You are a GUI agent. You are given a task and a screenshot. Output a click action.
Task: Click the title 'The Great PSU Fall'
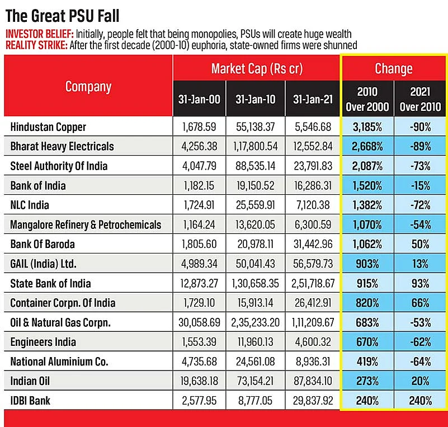pos(62,16)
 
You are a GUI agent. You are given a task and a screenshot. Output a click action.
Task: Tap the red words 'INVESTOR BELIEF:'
pos(40,34)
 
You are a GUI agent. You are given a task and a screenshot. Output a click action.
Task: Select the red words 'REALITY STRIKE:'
pos(36,45)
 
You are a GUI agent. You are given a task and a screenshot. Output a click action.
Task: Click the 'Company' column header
pos(88,87)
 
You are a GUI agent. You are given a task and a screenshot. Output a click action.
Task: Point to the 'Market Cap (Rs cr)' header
pos(257,69)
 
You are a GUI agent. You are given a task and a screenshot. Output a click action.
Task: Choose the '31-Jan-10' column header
pos(256,99)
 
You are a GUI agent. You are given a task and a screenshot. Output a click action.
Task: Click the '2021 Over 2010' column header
pos(420,99)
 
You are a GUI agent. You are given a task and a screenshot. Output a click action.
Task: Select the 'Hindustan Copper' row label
pos(48,127)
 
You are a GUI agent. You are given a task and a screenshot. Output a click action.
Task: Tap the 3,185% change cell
pos(367,127)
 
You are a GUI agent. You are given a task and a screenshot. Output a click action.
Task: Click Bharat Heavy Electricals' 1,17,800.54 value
pos(256,146)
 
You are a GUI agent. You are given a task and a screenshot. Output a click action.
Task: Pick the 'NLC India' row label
pos(30,205)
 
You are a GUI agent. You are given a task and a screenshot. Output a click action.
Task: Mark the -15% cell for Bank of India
pos(420,186)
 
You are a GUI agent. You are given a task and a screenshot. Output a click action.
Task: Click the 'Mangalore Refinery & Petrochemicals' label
pos(86,224)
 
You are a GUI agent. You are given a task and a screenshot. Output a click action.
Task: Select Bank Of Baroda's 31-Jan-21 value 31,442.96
pos(313,244)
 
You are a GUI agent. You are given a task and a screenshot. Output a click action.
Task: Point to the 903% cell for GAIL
pos(367,264)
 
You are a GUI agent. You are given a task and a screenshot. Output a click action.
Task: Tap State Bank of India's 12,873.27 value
pos(199,283)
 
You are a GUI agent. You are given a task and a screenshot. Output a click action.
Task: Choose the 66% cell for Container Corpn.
pos(420,303)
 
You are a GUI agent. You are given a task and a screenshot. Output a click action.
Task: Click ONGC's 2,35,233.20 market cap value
pos(256,322)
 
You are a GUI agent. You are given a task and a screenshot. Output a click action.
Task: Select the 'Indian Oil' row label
pos(30,381)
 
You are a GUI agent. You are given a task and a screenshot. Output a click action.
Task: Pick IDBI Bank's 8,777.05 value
pos(256,401)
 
